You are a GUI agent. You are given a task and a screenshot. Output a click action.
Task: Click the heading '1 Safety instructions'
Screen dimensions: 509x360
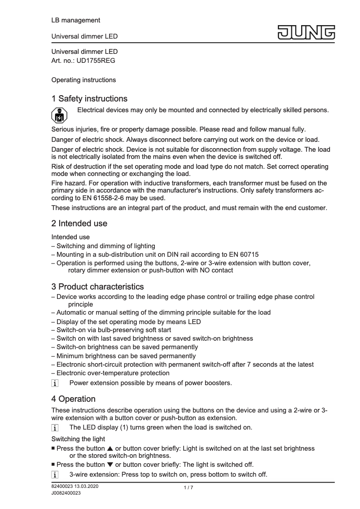tap(89, 98)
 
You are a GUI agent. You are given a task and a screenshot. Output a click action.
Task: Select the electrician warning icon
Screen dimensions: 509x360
tap(59, 115)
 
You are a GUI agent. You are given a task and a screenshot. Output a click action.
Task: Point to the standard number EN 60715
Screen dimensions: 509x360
tap(242, 254)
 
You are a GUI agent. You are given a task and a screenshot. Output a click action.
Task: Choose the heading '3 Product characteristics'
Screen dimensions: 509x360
tap(97, 286)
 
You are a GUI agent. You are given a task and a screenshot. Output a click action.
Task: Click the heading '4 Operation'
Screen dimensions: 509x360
tap(73, 399)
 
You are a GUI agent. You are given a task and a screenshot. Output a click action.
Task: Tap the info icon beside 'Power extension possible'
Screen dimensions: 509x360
tap(55, 383)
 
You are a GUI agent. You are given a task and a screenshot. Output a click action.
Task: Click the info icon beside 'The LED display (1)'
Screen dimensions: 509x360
tap(55, 427)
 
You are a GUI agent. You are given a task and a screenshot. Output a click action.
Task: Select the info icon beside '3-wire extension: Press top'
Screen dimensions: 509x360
tap(55, 474)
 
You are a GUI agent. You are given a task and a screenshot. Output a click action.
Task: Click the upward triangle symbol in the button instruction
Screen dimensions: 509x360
tap(110, 448)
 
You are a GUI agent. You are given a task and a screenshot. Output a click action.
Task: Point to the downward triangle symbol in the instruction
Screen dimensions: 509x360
tap(110, 464)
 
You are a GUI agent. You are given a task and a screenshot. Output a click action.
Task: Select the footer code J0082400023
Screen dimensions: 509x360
tap(66, 493)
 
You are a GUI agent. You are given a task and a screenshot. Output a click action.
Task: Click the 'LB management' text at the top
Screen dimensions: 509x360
tap(75, 20)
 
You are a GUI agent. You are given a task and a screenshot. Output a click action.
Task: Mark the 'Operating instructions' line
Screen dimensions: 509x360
tap(83, 80)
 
